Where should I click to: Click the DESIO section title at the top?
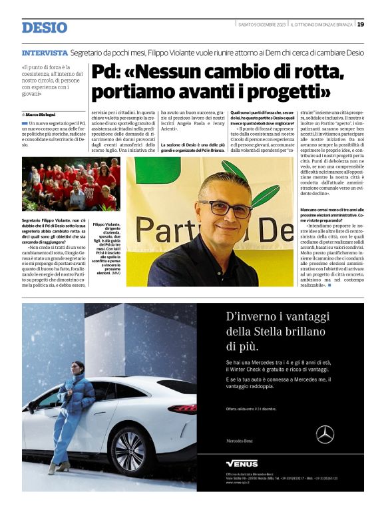[x=45, y=27]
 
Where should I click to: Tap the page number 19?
[x=360, y=24]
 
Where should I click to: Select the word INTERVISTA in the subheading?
[x=45, y=53]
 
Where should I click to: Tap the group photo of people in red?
[x=71, y=183]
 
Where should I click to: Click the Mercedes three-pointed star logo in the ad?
[x=325, y=434]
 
